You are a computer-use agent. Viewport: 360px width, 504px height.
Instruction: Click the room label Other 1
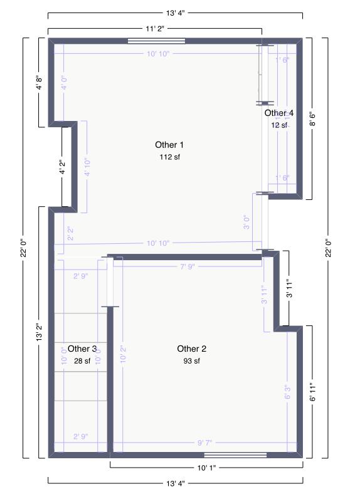pos(166,145)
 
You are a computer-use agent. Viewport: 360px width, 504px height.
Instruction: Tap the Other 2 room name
pos(191,349)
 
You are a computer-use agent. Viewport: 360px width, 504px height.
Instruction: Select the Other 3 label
pos(82,349)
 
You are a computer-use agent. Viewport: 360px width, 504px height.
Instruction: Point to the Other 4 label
pos(278,113)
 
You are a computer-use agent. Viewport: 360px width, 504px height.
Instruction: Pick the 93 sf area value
pos(191,361)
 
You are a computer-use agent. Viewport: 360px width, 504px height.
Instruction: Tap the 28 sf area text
pos(82,361)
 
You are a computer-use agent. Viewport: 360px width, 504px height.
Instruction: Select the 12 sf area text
pos(278,125)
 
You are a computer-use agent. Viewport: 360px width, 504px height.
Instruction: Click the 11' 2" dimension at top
pos(155,29)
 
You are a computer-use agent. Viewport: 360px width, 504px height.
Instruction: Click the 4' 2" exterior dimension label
pos(62,167)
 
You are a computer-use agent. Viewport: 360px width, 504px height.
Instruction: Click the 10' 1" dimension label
pos(206,468)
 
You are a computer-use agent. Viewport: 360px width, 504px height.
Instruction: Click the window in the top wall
pos(156,41)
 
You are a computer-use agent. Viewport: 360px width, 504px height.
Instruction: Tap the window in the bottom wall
pos(235,455)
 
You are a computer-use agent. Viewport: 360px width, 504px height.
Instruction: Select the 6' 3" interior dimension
pos(288,392)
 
